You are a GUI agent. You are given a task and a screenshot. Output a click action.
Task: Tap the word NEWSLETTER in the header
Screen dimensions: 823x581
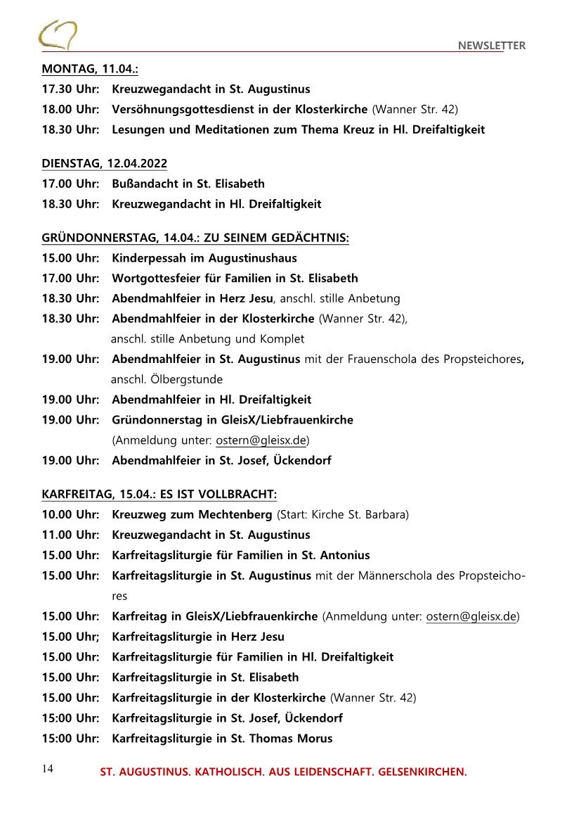point(492,46)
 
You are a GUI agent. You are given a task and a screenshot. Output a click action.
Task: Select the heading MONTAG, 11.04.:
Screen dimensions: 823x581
point(89,69)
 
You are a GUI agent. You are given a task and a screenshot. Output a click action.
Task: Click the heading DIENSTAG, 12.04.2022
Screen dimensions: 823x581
point(104,164)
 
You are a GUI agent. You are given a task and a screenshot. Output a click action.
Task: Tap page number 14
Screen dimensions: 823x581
point(46,768)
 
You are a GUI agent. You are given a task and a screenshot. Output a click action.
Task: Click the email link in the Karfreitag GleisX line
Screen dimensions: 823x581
point(471,617)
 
